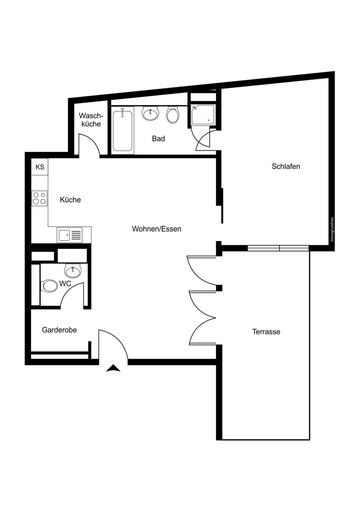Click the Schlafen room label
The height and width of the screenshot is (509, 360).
point(286,167)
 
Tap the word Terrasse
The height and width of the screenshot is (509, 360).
point(266,332)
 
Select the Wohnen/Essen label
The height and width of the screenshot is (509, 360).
point(157,229)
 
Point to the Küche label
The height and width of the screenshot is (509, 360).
point(70,200)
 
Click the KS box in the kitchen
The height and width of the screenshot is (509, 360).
point(39,167)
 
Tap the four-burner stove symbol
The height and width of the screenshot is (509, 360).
point(39,199)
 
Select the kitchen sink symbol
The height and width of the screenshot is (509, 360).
point(69,235)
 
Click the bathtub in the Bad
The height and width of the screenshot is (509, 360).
point(122,130)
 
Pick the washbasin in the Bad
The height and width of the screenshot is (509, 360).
point(150,114)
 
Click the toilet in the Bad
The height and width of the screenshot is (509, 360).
point(173,115)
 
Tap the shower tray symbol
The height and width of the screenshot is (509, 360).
point(203,115)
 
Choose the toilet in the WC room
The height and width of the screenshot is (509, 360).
point(49,286)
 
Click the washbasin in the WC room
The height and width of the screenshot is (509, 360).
point(73,271)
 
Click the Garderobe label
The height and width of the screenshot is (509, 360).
point(59,330)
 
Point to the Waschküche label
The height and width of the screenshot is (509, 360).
point(91,120)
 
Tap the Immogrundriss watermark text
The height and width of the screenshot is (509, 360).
point(332,229)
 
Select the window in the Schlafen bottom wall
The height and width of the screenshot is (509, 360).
point(278,248)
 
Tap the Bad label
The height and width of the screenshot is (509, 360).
point(158,139)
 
